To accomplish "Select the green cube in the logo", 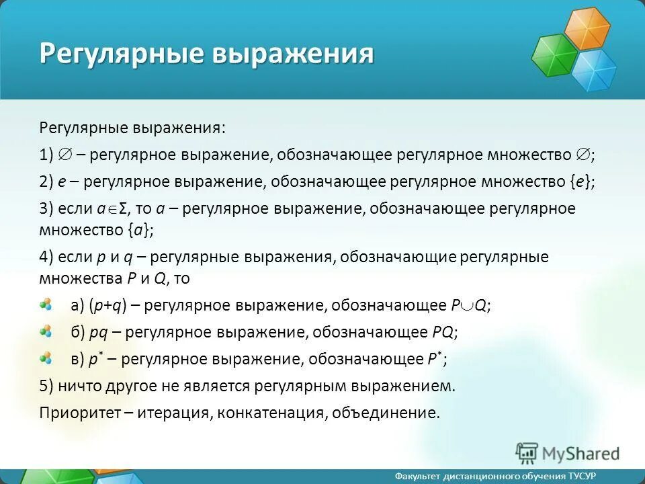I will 554,55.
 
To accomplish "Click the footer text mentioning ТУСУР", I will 495,476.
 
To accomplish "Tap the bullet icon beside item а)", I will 46,305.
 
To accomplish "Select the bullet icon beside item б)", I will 46,331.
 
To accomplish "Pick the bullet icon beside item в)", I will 46,358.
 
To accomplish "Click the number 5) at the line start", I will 46,386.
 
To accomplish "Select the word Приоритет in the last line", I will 79,412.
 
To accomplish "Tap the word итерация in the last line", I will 174,412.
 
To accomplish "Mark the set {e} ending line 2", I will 582,182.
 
